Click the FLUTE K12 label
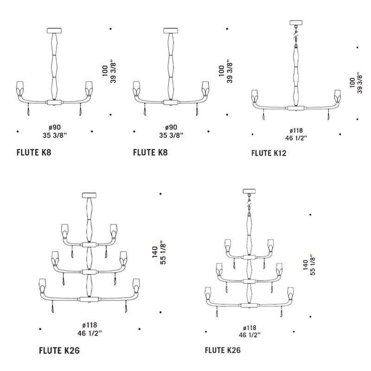pos(269,153)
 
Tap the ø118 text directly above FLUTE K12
pos(296,131)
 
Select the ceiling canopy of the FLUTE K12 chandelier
pos(296,23)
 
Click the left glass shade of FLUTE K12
pos(255,96)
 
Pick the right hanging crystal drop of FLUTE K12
pos(328,116)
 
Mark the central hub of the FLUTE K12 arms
pos(296,108)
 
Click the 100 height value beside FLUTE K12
pos(352,83)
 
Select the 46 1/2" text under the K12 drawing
pos(296,138)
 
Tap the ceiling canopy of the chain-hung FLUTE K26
pos(249,191)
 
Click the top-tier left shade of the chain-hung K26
pos(228,245)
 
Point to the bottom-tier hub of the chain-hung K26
pos(249,305)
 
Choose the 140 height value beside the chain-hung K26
pos(305,265)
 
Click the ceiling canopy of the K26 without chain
pos(89,195)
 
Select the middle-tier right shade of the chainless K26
pos(123,258)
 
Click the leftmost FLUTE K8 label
pos(34,153)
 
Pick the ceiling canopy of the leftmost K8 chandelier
pos(54,31)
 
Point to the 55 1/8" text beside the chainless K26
pos(163,253)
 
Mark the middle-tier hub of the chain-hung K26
pos(249,281)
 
